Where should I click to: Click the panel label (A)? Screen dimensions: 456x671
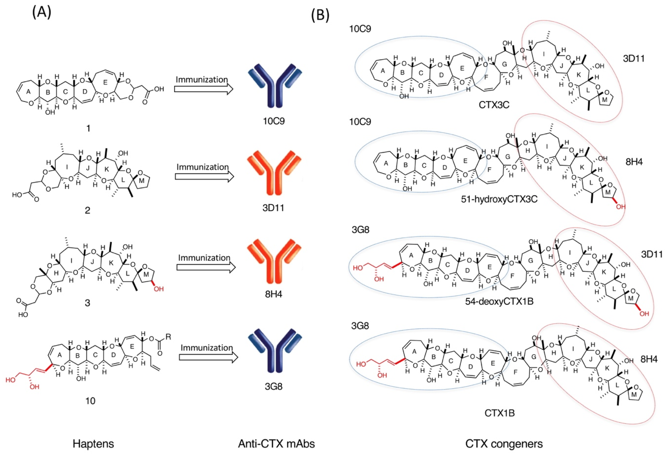(42, 13)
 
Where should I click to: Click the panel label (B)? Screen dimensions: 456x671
(320, 15)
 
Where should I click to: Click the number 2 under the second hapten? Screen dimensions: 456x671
(88, 210)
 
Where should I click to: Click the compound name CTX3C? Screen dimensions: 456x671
(494, 104)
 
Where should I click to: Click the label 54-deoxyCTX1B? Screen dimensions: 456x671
(499, 301)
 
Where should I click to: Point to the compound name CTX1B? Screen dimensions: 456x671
(500, 413)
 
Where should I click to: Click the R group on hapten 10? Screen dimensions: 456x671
(168, 337)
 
